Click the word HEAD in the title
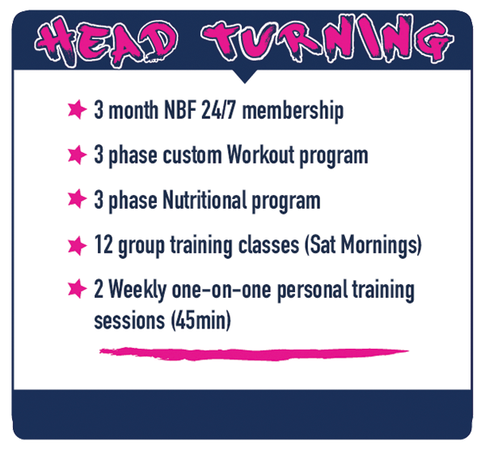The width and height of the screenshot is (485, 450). pyautogui.click(x=106, y=42)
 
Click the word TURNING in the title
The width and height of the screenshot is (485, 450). pyautogui.click(x=327, y=40)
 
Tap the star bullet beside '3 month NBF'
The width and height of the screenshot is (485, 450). pyautogui.click(x=77, y=109)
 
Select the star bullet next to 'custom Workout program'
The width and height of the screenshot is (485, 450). pyautogui.click(x=77, y=155)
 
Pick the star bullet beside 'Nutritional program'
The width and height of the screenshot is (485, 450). pyautogui.click(x=77, y=198)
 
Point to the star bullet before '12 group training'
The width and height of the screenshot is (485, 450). pyautogui.click(x=77, y=245)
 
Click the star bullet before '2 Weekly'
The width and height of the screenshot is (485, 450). pyautogui.click(x=77, y=289)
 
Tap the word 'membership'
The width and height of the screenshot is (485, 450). pyautogui.click(x=293, y=112)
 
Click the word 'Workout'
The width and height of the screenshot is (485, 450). pyautogui.click(x=260, y=155)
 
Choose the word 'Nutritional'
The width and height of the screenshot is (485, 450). pyautogui.click(x=205, y=200)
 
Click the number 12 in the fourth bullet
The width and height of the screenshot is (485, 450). pyautogui.click(x=103, y=244)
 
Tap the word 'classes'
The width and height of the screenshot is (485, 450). pyautogui.click(x=269, y=244)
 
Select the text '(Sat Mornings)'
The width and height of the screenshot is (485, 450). pyautogui.click(x=363, y=246)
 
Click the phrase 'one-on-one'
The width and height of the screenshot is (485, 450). pyautogui.click(x=221, y=291)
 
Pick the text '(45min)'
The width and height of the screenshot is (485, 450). pyautogui.click(x=201, y=321)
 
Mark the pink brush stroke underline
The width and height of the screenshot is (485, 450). pyautogui.click(x=254, y=354)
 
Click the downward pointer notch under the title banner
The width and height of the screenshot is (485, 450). pyautogui.click(x=245, y=77)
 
